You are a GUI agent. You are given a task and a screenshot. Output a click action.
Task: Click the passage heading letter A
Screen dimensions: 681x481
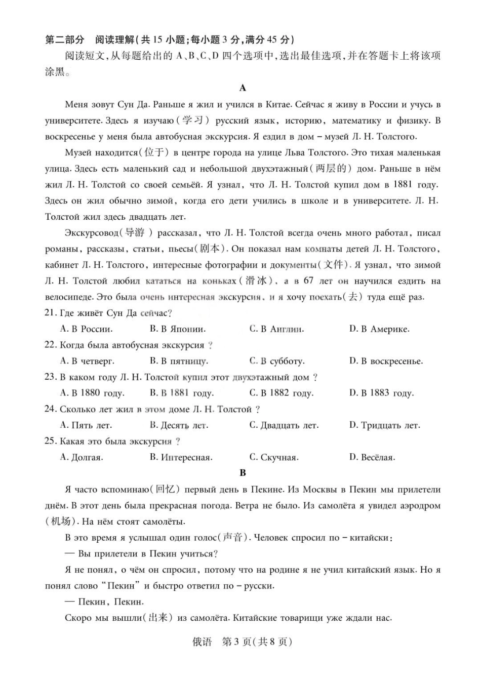243,88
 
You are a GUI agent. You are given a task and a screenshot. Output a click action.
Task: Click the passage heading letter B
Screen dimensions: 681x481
243,472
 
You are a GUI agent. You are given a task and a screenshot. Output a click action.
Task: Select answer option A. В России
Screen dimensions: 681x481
86,329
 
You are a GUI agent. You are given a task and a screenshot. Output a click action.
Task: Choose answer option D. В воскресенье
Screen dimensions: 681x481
386,361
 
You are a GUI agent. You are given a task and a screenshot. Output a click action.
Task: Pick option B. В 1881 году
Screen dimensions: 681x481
182,393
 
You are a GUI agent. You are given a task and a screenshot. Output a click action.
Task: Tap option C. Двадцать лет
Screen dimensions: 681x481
284,425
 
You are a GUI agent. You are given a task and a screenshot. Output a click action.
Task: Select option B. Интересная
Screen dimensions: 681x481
181,457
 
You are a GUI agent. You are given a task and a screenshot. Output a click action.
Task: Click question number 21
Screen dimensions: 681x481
50,313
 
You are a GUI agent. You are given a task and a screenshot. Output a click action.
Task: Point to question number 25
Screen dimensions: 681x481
50,441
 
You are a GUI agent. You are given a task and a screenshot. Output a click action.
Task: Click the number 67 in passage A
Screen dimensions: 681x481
308,281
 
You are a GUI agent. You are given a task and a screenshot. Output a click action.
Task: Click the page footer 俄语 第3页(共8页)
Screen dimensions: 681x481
243,642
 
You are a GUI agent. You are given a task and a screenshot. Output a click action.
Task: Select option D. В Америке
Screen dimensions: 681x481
379,329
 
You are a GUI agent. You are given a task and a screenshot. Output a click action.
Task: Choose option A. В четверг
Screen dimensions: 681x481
87,361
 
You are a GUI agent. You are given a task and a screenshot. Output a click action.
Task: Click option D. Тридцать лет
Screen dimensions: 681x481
385,425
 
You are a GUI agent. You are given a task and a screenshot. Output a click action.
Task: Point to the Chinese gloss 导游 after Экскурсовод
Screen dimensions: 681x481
135,233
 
